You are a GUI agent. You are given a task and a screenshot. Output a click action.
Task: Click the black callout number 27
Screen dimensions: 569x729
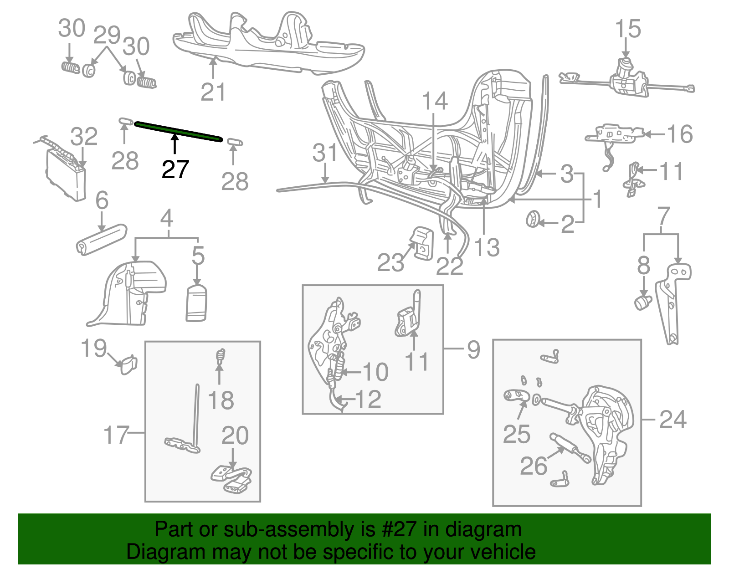tap(175, 169)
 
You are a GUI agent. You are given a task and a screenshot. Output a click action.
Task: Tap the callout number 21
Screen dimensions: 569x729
tap(213, 92)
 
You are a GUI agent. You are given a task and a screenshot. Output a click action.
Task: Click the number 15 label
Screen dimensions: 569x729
tap(627, 29)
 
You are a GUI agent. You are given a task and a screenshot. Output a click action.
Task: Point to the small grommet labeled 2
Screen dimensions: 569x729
tap(532, 220)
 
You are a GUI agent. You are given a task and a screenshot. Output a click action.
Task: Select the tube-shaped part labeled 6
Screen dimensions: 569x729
tap(101, 239)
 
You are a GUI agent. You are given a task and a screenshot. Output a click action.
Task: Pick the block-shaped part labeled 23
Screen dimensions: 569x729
tap(422, 243)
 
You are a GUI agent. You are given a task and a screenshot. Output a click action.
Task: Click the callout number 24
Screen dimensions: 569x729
tap(673, 419)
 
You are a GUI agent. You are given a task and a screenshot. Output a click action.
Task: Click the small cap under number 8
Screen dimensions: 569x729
tap(643, 302)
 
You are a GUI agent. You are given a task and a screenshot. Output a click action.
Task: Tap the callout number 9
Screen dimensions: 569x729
tap(473, 349)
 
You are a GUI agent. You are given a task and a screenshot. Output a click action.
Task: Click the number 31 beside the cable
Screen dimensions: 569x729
tap(325, 153)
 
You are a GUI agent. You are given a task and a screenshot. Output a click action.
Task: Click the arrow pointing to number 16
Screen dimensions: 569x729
tap(655, 134)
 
